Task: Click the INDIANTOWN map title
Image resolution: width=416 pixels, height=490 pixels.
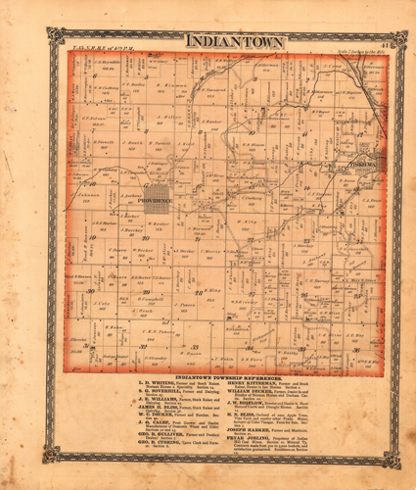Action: click(x=235, y=42)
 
